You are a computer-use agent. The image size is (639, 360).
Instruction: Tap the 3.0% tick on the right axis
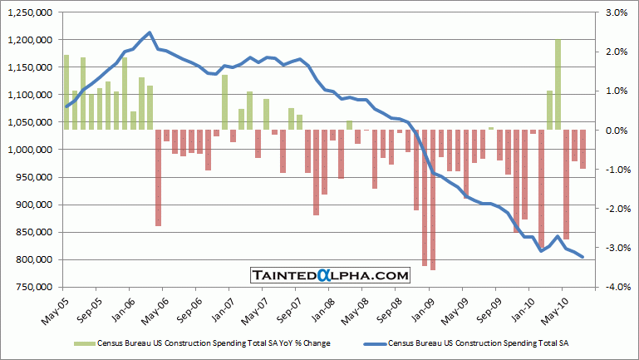tap(614, 12)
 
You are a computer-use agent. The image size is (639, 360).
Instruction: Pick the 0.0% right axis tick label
tap(614, 130)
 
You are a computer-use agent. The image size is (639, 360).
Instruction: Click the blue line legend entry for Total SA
tap(465, 342)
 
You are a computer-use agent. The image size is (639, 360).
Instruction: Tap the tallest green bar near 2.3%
tap(558, 84)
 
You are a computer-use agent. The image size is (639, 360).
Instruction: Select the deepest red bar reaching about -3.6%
tap(433, 200)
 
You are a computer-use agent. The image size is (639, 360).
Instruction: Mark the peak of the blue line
tap(150, 32)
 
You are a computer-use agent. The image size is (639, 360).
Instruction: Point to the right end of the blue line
tap(582, 257)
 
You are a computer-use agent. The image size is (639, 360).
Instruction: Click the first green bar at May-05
tap(66, 92)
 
